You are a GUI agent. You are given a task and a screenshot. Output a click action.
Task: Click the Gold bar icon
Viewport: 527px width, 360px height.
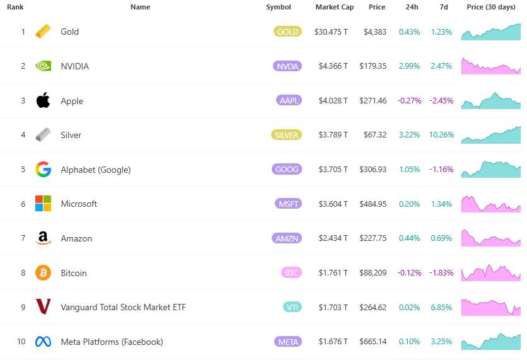(43, 32)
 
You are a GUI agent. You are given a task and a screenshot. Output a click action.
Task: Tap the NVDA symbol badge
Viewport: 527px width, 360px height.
(287, 66)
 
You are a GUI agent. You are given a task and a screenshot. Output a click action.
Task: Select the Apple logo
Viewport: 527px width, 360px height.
(43, 100)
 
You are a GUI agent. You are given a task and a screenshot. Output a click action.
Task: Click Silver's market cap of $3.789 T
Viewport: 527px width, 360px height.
(331, 135)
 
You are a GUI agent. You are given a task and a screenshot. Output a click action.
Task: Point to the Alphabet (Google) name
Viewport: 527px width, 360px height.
(95, 170)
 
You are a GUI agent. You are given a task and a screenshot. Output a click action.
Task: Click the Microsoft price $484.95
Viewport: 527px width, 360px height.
(373, 204)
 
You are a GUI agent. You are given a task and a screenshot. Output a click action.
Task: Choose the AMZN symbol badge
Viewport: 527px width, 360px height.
(287, 238)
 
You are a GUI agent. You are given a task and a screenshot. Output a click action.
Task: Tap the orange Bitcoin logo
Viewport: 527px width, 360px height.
(43, 273)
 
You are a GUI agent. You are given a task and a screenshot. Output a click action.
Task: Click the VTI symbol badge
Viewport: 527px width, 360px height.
(292, 307)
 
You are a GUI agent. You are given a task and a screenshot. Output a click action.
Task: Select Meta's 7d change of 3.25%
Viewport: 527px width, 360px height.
(441, 342)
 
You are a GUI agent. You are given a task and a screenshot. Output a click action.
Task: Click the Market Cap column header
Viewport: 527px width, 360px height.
(335, 7)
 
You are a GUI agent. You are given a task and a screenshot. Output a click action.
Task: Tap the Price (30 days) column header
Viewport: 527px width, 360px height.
(491, 7)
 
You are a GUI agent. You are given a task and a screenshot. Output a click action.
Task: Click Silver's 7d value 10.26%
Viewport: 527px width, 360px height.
(441, 135)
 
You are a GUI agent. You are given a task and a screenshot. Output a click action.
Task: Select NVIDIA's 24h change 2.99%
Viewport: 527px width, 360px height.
(409, 66)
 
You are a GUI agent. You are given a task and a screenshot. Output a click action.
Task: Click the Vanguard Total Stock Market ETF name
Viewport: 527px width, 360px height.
(123, 307)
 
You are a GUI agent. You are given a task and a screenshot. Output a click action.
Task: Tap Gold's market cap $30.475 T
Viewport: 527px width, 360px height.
(331, 32)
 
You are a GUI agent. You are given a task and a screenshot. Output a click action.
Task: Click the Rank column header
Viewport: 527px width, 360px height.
(15, 7)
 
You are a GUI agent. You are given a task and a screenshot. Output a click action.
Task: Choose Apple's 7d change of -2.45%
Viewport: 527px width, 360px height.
(441, 101)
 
